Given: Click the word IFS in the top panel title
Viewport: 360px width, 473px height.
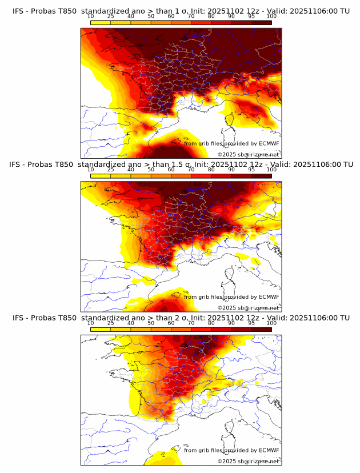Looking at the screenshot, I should click(x=18, y=11).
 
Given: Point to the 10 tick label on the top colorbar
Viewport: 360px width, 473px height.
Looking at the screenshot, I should click(x=91, y=16).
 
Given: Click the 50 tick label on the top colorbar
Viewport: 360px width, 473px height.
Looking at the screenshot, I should click(x=151, y=16).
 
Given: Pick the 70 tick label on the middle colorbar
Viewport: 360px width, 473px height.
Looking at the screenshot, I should click(x=191, y=169).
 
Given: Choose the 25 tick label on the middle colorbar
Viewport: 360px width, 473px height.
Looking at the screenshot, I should click(x=111, y=169).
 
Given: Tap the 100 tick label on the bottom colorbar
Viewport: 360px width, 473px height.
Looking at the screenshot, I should click(x=271, y=323).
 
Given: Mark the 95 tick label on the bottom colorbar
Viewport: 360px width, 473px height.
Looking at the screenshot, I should click(x=251, y=323).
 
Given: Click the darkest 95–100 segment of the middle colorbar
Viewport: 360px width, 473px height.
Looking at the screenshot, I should click(x=261, y=175).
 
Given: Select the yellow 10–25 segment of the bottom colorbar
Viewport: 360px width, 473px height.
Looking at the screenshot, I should click(x=101, y=329).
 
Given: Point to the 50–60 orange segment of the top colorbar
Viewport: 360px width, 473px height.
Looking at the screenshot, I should click(x=161, y=22).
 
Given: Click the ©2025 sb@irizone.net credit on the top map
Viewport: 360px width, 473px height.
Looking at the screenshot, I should click(x=249, y=154).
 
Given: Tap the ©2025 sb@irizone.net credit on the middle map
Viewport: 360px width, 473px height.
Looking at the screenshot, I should click(x=249, y=307).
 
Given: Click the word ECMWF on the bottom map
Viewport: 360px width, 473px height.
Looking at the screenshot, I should click(x=269, y=450).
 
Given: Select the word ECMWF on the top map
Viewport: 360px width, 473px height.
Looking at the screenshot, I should click(x=269, y=143).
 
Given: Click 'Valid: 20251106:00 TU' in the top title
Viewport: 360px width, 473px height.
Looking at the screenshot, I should click(x=312, y=11).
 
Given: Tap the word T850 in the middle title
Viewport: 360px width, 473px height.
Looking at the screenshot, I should click(x=63, y=164).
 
